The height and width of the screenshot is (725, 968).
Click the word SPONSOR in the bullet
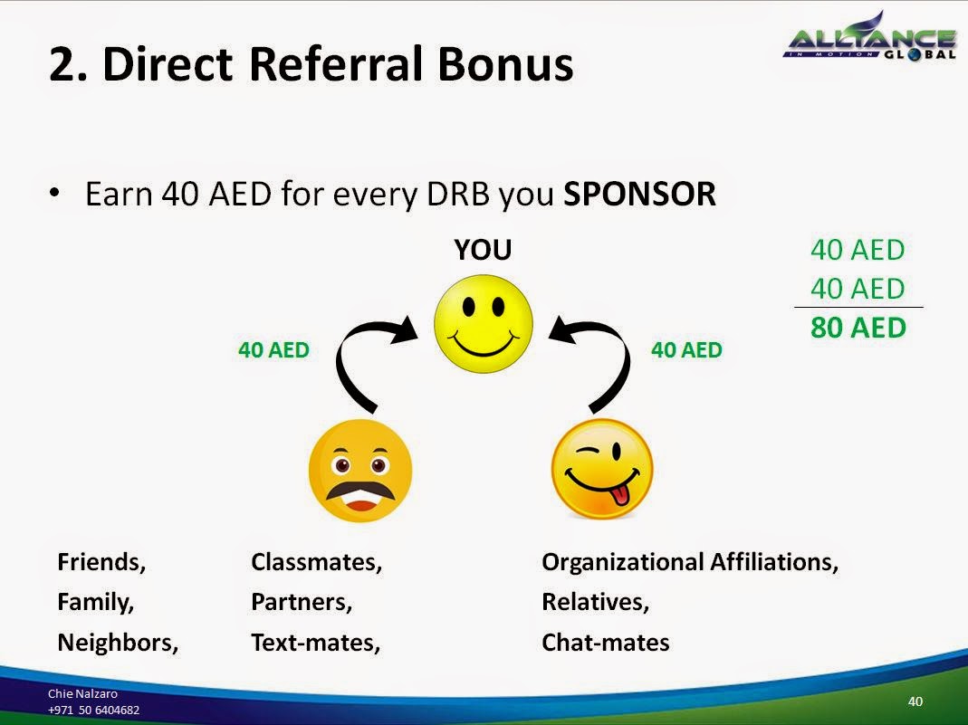pyautogui.click(x=639, y=194)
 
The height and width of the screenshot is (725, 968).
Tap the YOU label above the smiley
pyautogui.click(x=483, y=250)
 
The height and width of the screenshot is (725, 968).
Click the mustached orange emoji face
pyautogui.click(x=359, y=471)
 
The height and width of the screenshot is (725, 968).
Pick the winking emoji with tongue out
pyautogui.click(x=602, y=469)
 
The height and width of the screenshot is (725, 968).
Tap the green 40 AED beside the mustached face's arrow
pyautogui.click(x=273, y=349)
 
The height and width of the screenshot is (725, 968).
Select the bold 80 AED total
pyautogui.click(x=858, y=328)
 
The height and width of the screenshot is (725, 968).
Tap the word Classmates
pyautogui.click(x=316, y=562)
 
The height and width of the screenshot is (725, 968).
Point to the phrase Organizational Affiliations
pyautogui.click(x=689, y=562)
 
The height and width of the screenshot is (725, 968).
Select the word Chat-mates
pyautogui.click(x=605, y=643)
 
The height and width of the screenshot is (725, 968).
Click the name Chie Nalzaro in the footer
pyautogui.click(x=82, y=693)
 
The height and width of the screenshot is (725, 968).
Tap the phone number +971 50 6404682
pyautogui.click(x=93, y=710)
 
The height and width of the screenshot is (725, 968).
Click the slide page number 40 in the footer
pyautogui.click(x=915, y=701)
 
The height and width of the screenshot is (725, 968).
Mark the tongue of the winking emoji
pyautogui.click(x=620, y=495)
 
